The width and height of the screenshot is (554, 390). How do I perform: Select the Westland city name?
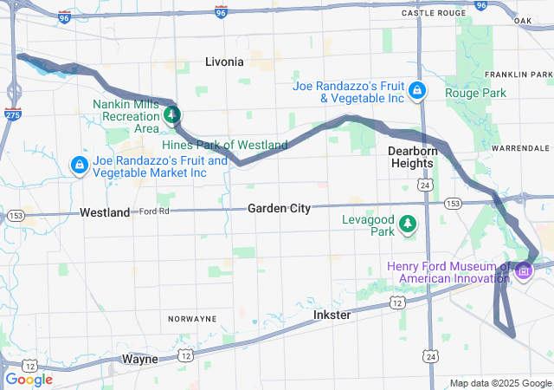point(105,212)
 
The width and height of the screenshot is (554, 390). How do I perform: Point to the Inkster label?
point(332,315)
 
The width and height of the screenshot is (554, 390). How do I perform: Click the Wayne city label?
point(140,358)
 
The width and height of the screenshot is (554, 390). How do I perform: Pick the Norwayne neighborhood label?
point(192,319)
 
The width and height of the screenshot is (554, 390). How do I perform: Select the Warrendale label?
point(520,149)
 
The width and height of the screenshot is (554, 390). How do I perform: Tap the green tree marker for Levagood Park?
point(408,225)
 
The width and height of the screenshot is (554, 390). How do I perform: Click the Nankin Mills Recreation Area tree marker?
point(173,114)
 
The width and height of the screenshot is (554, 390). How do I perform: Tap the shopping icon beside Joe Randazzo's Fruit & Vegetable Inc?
point(417,90)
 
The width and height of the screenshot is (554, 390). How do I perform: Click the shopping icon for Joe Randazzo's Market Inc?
point(79,164)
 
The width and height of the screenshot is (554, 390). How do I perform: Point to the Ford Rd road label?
point(154,211)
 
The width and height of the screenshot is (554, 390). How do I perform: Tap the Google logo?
point(29,379)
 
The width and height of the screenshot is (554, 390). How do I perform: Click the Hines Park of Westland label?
point(225,145)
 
